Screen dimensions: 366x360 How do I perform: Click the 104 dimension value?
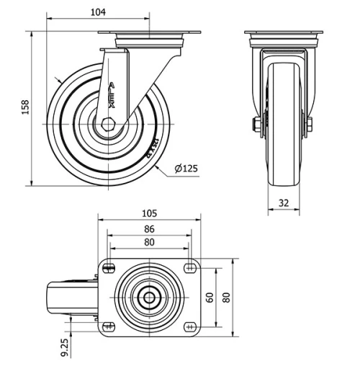[99, 12]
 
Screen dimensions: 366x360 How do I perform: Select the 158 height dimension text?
[26, 107]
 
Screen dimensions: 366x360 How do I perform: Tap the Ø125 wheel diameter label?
[186, 169]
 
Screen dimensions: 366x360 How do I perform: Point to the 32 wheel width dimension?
[284, 203]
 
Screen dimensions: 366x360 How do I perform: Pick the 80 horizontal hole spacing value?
[149, 243]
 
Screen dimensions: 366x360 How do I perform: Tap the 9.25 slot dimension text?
[66, 347]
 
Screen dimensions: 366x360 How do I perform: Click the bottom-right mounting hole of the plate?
[190, 326]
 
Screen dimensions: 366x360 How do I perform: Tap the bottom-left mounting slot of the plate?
[109, 326]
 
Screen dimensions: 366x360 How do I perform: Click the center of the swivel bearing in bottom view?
[149, 297]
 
